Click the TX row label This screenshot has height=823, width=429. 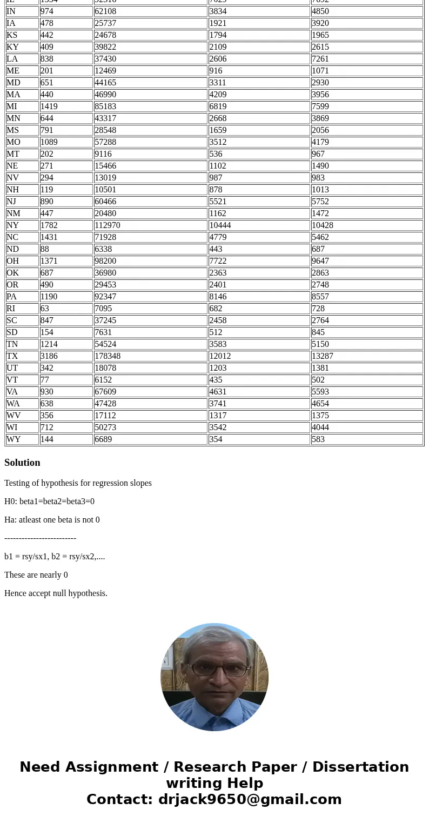point(12,356)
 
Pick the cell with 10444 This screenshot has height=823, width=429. point(220,225)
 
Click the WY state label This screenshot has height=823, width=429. point(14,439)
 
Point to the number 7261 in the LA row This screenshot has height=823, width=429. point(320,59)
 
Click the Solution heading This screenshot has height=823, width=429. point(22,463)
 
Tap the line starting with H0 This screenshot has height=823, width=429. point(49,501)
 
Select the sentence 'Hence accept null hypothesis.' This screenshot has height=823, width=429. point(56,593)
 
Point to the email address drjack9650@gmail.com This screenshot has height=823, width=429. point(250,800)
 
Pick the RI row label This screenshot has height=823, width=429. point(11,309)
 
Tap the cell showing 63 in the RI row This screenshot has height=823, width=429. point(45,309)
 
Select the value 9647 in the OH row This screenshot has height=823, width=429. point(320,261)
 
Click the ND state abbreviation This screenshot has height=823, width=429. point(12,249)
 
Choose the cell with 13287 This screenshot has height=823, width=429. point(323,356)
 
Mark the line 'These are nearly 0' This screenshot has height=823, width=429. point(36,575)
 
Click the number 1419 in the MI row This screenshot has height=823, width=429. point(49,106)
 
